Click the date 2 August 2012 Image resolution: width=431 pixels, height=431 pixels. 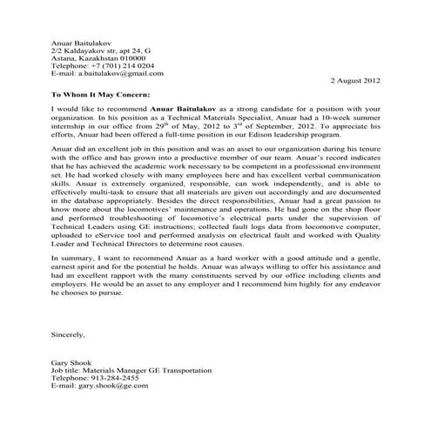click(355, 79)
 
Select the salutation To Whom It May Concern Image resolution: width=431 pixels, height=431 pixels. click(102, 91)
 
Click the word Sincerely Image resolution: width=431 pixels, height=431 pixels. click(67, 333)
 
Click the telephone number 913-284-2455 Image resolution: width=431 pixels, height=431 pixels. click(118, 377)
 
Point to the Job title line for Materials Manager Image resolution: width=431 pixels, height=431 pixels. click(131, 369)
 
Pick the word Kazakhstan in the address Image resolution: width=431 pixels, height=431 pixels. click(95, 57)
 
